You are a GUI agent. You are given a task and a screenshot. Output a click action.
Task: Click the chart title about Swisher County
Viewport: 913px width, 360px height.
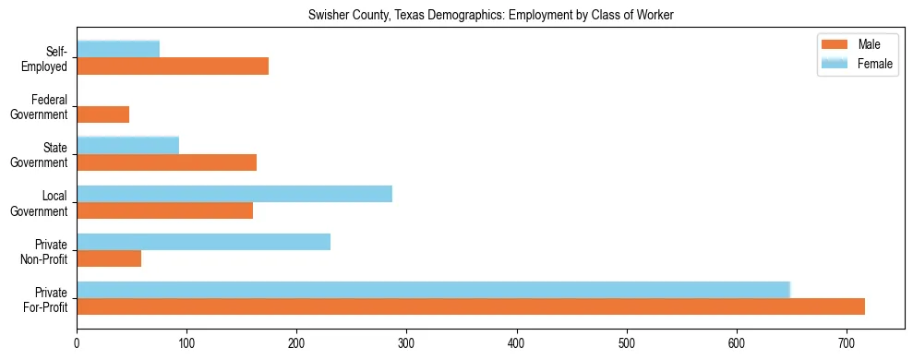(456, 14)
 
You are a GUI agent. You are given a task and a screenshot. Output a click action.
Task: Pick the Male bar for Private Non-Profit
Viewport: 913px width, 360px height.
(109, 258)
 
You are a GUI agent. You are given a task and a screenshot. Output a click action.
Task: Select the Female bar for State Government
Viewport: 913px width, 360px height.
(127, 145)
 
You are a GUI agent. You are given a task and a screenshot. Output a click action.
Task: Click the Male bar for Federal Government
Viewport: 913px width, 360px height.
(102, 114)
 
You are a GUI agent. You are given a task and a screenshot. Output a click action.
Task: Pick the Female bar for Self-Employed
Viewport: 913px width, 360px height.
(118, 49)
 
